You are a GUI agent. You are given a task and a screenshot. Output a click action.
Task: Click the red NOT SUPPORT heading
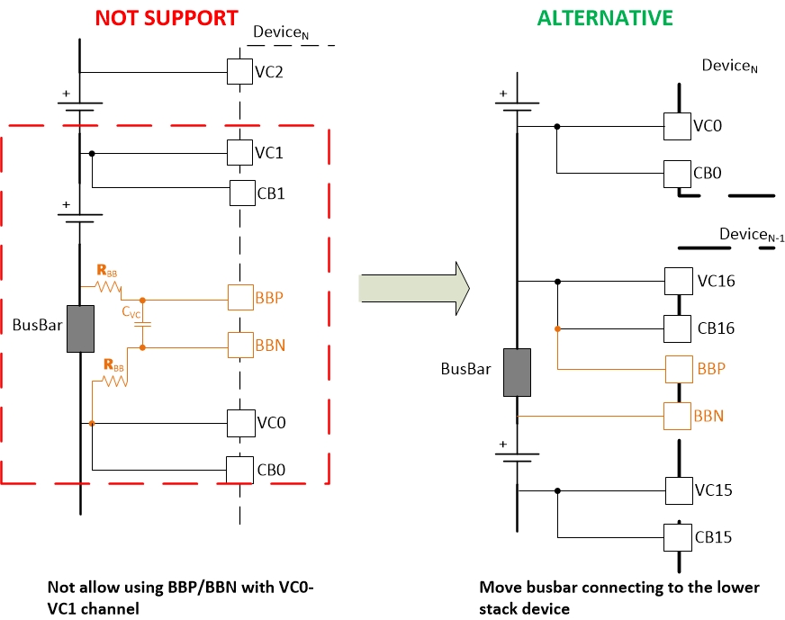167,17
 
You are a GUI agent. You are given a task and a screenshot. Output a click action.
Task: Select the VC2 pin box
239,72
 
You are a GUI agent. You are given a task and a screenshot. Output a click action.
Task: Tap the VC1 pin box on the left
239,152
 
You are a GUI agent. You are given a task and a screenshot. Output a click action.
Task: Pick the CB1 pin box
242,193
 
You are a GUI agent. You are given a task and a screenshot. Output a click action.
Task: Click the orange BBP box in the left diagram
240,297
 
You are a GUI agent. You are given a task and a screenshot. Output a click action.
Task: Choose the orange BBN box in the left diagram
240,345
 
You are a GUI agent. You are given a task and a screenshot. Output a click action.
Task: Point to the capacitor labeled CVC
143,323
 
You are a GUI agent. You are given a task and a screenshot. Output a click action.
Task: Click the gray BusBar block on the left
81,330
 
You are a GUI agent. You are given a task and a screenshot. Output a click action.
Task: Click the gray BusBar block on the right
518,374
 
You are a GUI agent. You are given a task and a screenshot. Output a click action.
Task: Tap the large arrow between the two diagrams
414,285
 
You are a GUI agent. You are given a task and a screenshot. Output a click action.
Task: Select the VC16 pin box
678,281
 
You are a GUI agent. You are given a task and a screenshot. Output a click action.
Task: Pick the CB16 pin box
678,328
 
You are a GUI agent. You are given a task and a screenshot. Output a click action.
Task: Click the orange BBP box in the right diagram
678,369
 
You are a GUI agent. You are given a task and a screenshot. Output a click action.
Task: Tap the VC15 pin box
678,490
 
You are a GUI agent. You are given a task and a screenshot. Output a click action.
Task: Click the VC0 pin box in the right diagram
677,126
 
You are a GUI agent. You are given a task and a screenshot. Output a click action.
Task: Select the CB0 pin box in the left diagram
239,469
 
